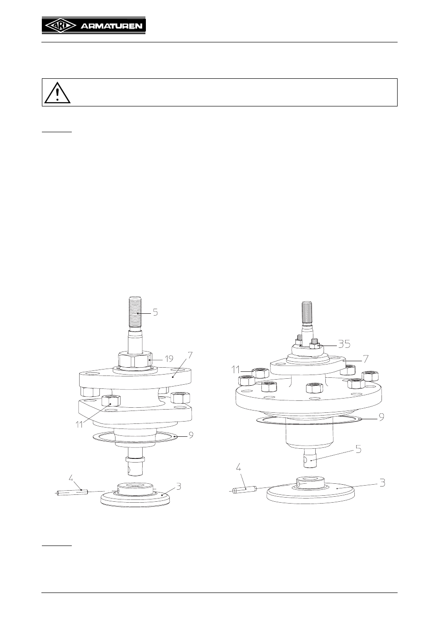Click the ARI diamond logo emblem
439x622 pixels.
click(60, 26)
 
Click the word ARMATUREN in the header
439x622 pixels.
click(111, 26)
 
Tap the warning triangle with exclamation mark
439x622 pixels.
click(58, 93)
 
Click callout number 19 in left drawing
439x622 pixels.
click(169, 359)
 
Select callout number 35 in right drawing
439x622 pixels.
click(344, 344)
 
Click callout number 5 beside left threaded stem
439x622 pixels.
click(155, 312)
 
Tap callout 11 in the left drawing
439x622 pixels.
click(80, 425)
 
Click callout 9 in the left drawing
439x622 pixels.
click(191, 435)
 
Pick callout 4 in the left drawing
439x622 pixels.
click(71, 478)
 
